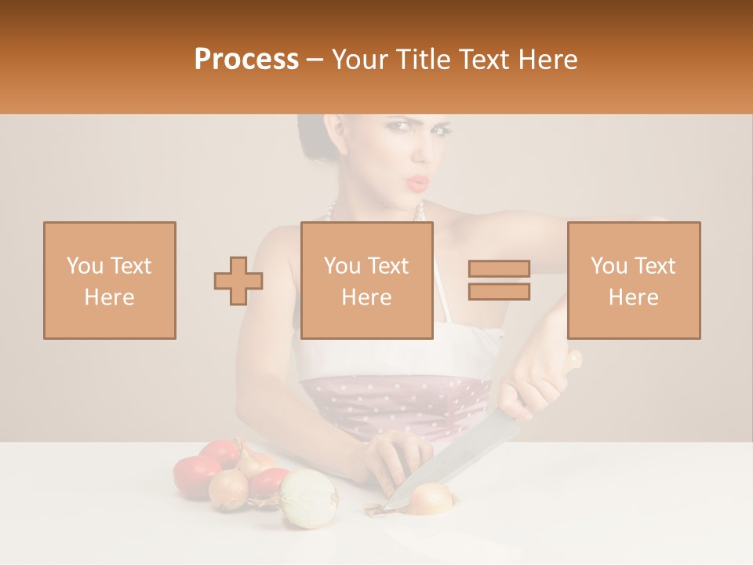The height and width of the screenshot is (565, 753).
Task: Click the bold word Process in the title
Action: (246, 60)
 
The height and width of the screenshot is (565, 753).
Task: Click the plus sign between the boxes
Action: (238, 281)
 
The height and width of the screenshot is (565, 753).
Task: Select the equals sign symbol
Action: (499, 280)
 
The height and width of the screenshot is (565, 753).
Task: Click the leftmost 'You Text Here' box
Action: (109, 280)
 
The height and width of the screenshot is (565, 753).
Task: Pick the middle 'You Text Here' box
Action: (366, 280)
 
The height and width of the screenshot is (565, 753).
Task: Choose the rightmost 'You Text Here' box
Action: (633, 280)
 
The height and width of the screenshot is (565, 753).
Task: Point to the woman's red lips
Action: (418, 182)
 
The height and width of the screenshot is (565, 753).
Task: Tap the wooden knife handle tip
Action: (575, 359)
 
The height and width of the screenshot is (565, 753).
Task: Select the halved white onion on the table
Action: (308, 498)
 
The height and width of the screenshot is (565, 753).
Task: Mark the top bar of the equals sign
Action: (499, 269)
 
